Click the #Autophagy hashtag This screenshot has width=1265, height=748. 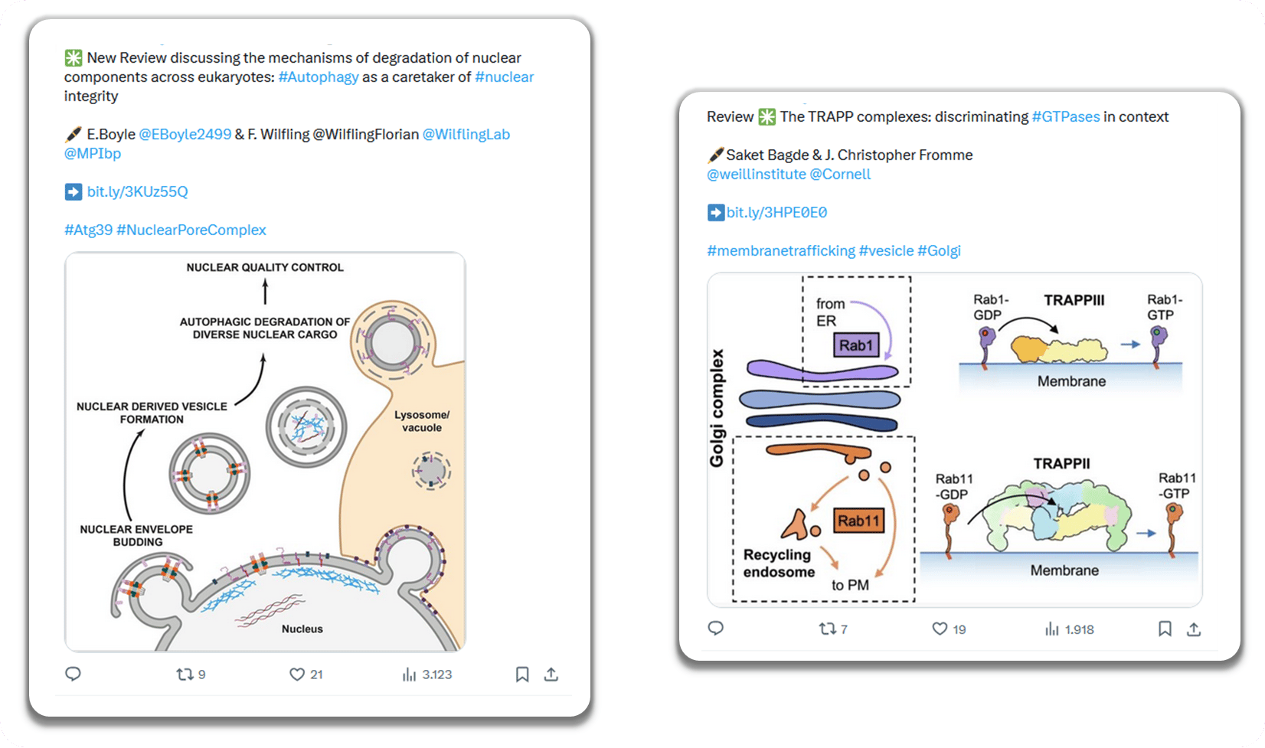(x=319, y=77)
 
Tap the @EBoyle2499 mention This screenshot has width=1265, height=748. (x=185, y=135)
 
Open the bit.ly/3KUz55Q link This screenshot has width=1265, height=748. (x=137, y=192)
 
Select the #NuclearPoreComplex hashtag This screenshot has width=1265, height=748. (x=191, y=230)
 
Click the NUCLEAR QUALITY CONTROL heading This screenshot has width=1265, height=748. (x=265, y=268)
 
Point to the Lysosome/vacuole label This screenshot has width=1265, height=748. (x=422, y=421)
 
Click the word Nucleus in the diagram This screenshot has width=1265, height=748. (x=302, y=629)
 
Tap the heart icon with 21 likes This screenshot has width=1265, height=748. (x=297, y=675)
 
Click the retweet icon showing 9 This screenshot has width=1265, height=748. (x=185, y=675)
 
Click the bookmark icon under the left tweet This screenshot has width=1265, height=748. (x=522, y=675)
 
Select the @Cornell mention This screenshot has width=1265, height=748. (x=840, y=175)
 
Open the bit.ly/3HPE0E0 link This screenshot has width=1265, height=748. (x=776, y=213)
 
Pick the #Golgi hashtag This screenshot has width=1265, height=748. (x=939, y=251)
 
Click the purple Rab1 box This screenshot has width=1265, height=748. (x=856, y=345)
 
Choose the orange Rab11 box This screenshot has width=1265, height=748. (x=858, y=521)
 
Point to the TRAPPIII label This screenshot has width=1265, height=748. (x=1074, y=301)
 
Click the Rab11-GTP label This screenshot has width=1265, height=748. (x=1177, y=485)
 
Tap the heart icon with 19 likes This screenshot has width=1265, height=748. (x=940, y=629)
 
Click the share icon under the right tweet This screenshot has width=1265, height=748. (x=1194, y=629)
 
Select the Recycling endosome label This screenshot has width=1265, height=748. (x=778, y=563)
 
